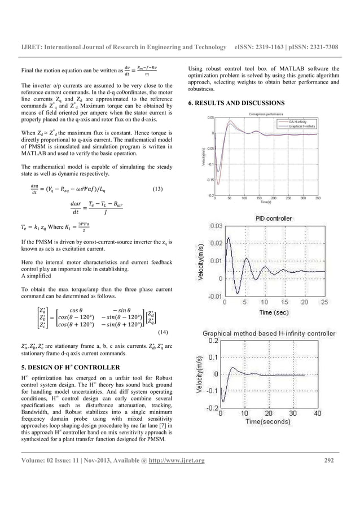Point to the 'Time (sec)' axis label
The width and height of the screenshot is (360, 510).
[274, 312]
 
